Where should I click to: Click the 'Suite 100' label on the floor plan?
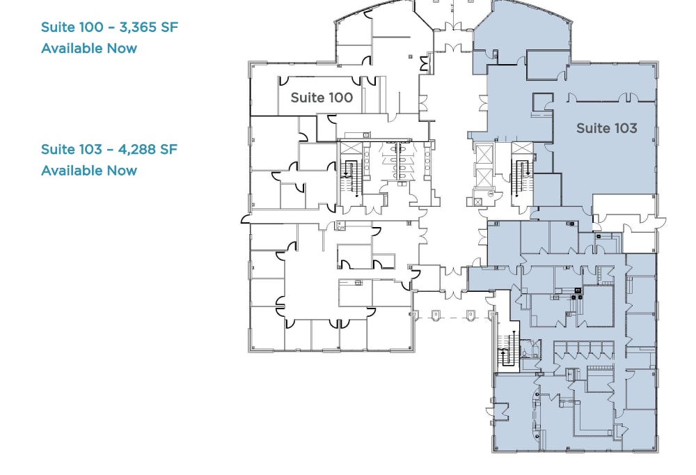pos(322,98)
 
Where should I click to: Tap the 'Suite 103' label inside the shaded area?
pos(606,128)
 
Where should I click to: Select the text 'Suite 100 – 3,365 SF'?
pos(110,27)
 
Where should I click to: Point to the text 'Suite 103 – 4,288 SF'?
pos(109,149)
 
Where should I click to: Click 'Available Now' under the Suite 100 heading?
pos(89,48)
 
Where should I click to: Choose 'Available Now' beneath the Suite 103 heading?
pos(89,171)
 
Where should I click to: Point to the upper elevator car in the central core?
pos(483,155)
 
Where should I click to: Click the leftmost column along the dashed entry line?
pos(436,315)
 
